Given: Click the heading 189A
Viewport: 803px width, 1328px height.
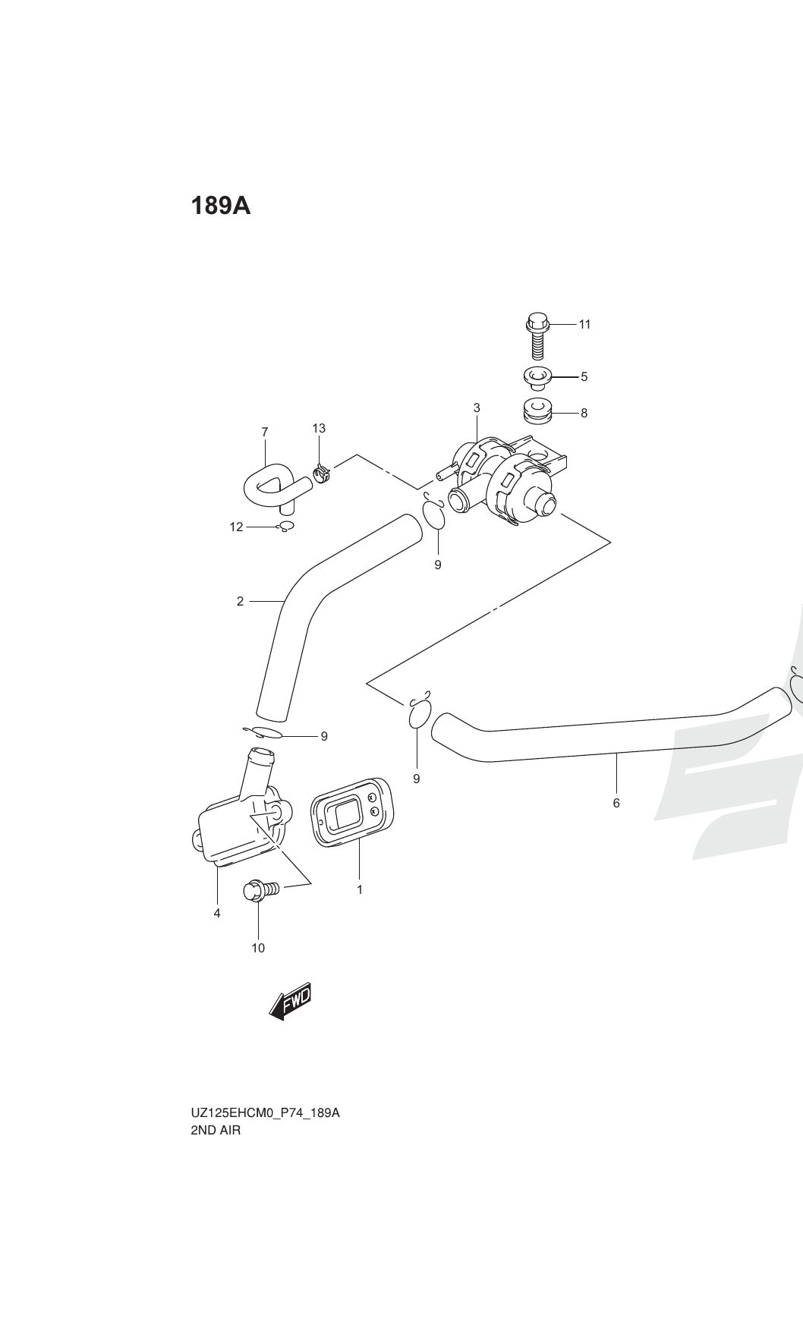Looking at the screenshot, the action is point(220,206).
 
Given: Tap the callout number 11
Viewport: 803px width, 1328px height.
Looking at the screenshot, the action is point(584,325).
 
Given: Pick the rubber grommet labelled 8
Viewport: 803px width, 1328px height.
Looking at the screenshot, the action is point(537,411).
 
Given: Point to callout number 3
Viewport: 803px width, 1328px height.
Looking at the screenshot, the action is point(477,408).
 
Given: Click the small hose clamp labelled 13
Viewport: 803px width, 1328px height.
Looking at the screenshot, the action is point(323,476).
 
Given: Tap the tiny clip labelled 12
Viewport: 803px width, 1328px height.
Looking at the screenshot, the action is point(286,526).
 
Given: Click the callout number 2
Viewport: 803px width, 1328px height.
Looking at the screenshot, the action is point(241,602).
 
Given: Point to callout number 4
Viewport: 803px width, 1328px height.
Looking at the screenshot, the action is point(217,914).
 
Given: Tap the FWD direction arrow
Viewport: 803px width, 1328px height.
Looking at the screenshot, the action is point(291,1002).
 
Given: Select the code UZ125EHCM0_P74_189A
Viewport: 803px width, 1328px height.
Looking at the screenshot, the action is point(265,1113).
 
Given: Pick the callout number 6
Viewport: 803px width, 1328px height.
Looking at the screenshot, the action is point(616,803).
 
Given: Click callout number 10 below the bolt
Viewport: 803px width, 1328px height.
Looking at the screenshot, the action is point(258,948).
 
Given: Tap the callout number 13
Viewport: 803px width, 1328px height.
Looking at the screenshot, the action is point(319,429).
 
